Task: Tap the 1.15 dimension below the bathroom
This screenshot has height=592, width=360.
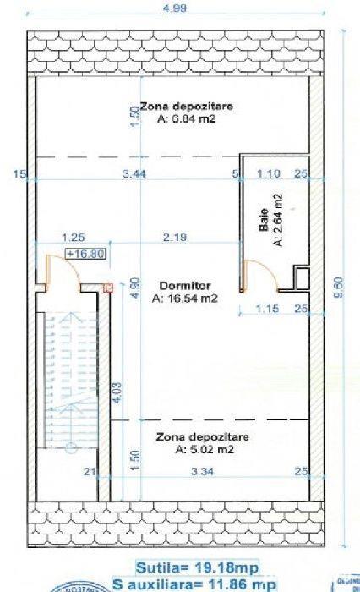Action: pos(268,309)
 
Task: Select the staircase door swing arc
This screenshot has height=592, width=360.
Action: pos(68,271)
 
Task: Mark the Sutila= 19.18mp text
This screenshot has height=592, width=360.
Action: pos(196,567)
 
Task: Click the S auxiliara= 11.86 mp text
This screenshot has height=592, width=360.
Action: pos(196,584)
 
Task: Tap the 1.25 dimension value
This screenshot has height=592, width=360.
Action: pos(74,238)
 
